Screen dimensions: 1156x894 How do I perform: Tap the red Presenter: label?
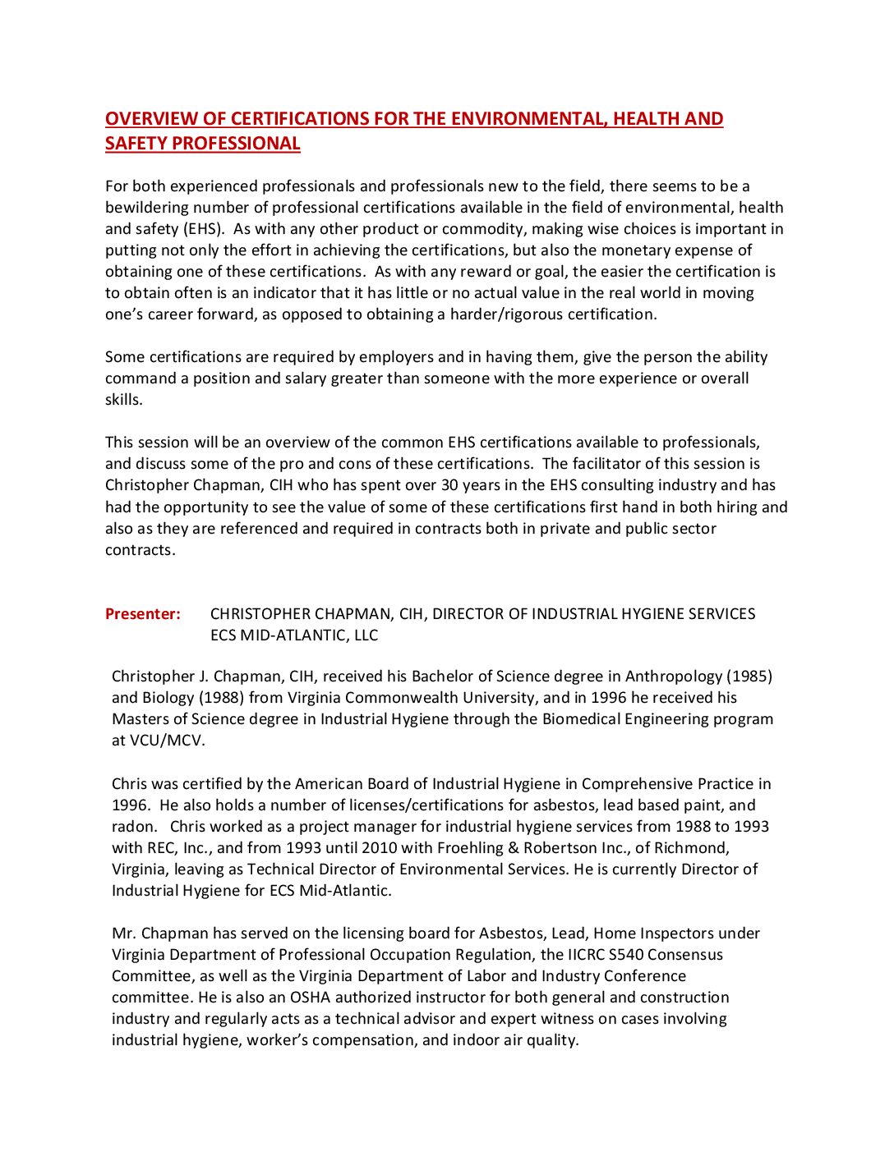tap(143, 614)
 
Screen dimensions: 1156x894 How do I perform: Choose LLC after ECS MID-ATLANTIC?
tap(364, 635)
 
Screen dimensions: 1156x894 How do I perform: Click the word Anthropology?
tap(674, 677)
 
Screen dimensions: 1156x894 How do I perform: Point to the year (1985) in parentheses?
tap(749, 677)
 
